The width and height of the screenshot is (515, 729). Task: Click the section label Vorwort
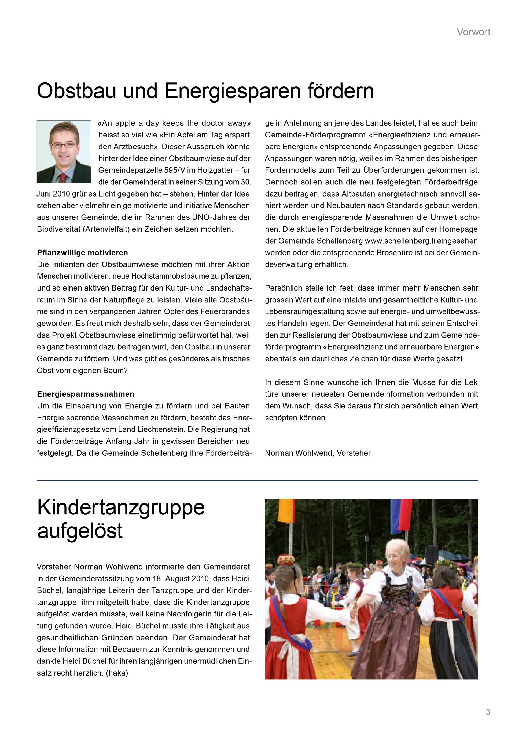pos(473,32)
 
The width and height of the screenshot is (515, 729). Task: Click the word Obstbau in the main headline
pos(76,91)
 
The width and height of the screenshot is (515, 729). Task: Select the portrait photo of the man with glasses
pos(64,151)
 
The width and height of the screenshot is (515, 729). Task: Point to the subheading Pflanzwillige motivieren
pos(82,253)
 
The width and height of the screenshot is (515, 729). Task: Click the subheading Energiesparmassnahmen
pos(86,394)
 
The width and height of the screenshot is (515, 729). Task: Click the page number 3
pos(488,712)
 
